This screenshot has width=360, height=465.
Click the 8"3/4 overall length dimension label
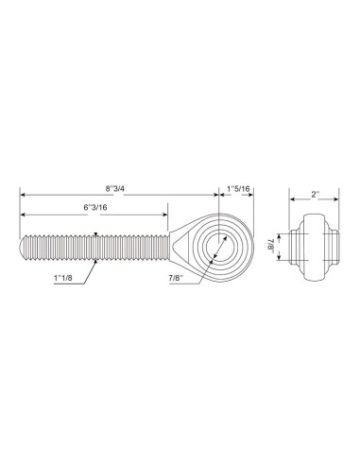pyautogui.click(x=120, y=185)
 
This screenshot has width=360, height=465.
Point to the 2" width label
pyautogui.click(x=313, y=195)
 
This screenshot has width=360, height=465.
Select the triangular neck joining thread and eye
pyautogui.click(x=178, y=243)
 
